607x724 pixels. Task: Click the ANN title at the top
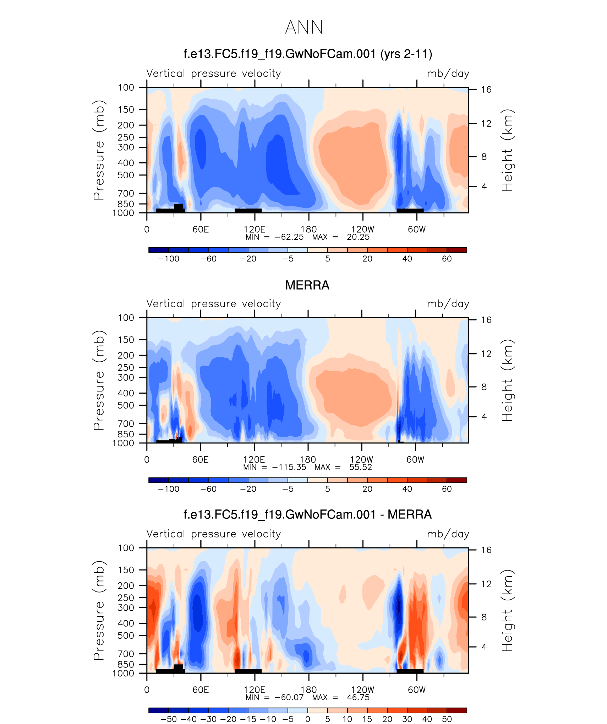click(304, 27)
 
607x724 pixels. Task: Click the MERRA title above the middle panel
click(307, 285)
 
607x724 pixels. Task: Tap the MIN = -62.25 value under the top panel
click(274, 237)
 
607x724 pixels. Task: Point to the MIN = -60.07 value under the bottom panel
click(274, 697)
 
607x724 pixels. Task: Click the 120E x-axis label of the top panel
click(254, 229)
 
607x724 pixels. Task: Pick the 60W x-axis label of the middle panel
click(415, 460)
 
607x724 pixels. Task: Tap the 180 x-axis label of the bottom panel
click(308, 690)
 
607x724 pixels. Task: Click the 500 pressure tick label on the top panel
click(126, 175)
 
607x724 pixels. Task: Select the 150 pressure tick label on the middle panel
click(126, 340)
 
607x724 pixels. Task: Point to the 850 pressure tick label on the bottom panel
click(126, 664)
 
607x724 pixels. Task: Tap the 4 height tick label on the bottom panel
click(484, 647)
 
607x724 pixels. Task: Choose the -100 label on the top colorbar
click(169, 259)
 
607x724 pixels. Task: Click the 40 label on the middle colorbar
click(407, 489)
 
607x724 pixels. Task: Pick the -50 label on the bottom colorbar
click(169, 719)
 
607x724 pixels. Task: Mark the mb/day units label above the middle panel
click(448, 304)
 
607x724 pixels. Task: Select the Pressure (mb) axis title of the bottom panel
click(99, 610)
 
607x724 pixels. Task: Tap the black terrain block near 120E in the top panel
click(248, 211)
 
